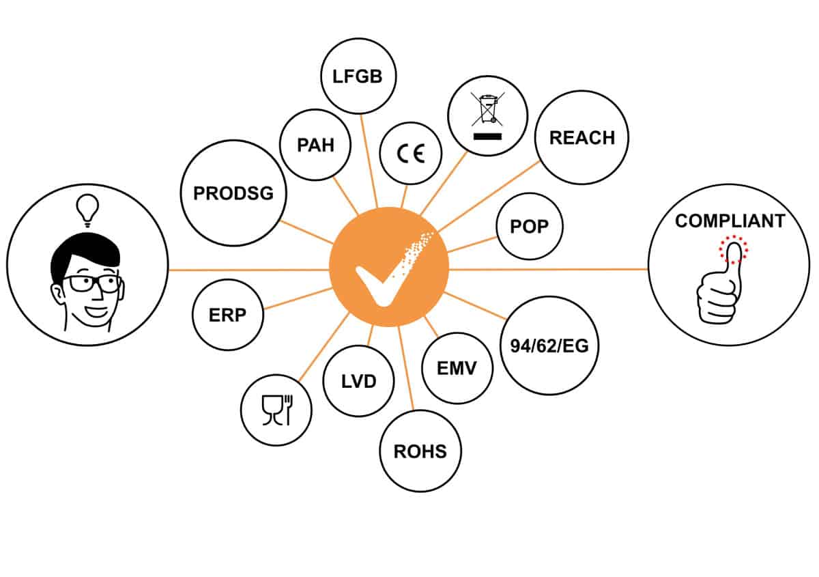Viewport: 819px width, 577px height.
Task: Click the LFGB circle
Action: [x=358, y=75]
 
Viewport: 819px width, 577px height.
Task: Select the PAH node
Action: [x=315, y=146]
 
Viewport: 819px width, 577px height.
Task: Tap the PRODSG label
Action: [x=233, y=193]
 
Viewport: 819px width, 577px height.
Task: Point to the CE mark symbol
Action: [x=411, y=154]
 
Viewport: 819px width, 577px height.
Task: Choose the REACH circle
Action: [x=581, y=138]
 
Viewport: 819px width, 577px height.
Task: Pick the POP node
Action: [x=529, y=226]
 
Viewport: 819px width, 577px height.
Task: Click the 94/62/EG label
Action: [x=545, y=345]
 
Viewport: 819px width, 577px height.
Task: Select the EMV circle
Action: [x=457, y=368]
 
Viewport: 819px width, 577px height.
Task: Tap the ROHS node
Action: [x=420, y=451]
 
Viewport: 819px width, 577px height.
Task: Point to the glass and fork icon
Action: [x=276, y=411]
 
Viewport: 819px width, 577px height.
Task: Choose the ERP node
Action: [x=227, y=315]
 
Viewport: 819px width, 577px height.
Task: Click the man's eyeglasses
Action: [x=91, y=283]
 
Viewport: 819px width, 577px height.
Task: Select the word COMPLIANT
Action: [x=730, y=221]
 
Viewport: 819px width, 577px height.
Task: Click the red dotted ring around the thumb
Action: [x=732, y=249]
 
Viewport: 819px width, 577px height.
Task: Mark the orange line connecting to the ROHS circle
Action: [x=407, y=369]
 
